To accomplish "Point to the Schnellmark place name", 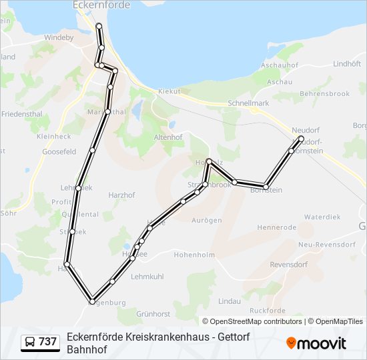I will (x=248, y=103).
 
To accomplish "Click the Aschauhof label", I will (x=278, y=65).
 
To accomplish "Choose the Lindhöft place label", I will (x=346, y=64).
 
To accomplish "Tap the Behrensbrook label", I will (x=325, y=94).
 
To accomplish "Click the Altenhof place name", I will (x=167, y=136).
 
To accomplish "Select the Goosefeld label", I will (x=59, y=151).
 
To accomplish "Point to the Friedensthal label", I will (x=21, y=114).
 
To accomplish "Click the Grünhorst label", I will (x=154, y=313).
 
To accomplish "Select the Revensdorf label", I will (x=288, y=264).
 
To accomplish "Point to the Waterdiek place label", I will (x=322, y=217).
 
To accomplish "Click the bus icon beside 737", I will (x=31, y=342).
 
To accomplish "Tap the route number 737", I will (x=47, y=342).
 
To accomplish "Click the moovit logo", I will (x=316, y=343).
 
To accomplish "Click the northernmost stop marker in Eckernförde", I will (x=99, y=26).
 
